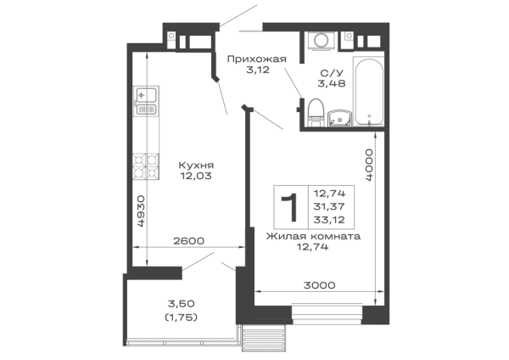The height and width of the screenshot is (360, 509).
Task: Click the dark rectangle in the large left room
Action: (197, 168)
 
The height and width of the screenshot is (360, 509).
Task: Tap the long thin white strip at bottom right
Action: (319, 295)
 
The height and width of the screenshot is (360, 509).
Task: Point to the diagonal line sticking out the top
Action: (239, 16)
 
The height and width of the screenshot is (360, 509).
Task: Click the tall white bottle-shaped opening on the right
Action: (371, 92)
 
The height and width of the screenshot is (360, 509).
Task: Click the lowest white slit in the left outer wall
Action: (141, 256)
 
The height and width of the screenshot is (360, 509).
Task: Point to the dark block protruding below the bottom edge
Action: (265, 342)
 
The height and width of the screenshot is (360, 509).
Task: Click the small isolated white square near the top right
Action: (349, 43)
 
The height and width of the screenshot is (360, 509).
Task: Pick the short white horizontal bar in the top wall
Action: (200, 43)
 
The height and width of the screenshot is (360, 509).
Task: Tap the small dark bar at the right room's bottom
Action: (318, 282)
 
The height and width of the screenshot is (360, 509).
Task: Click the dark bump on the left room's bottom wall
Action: (187, 236)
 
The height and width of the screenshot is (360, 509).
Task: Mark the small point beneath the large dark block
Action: (308, 252)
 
